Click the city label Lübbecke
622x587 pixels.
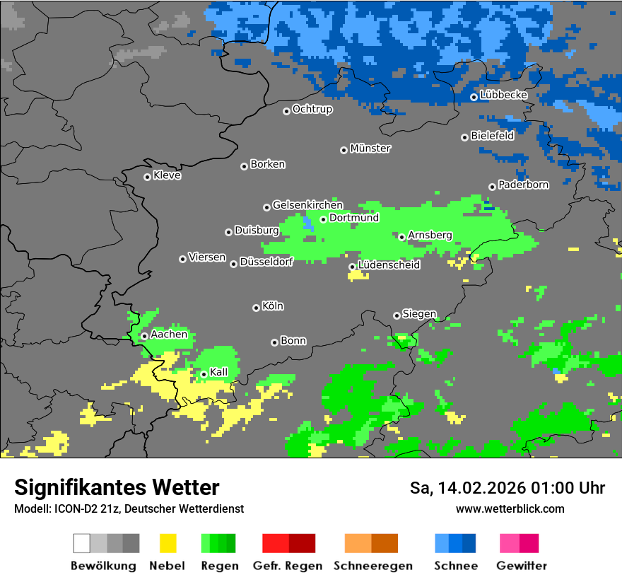pos(503,95)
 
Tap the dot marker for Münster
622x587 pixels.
pos(344,150)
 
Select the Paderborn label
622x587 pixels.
pos(523,185)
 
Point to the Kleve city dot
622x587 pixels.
pos(147,177)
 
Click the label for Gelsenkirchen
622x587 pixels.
pos(307,205)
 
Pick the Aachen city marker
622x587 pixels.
pos(144,336)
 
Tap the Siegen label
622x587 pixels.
pos(419,314)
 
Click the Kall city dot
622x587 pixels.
pos(204,374)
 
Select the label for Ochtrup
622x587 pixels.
pos(312,109)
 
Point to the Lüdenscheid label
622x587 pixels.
pos(389,265)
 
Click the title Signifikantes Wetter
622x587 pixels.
pos(117,487)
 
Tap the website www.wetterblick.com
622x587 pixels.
pos(510,508)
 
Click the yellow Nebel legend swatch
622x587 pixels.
pos(168,543)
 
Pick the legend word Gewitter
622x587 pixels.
pos(521,566)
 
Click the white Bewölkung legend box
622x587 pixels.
pos(81,543)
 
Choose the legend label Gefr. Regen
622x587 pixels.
pos(287,566)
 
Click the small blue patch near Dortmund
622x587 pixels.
pos(307,224)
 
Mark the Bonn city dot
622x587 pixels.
pos(274,342)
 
